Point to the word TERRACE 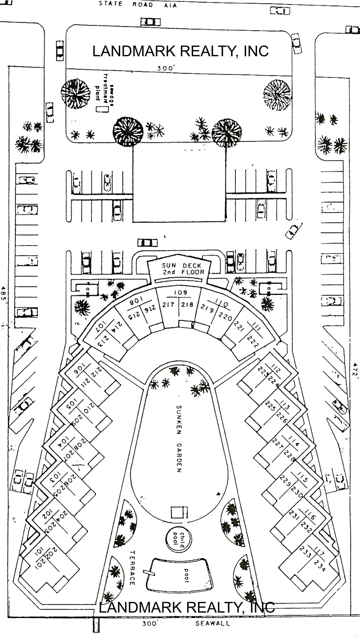(132, 568)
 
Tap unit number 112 (276, 371)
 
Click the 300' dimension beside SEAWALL (149, 624)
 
